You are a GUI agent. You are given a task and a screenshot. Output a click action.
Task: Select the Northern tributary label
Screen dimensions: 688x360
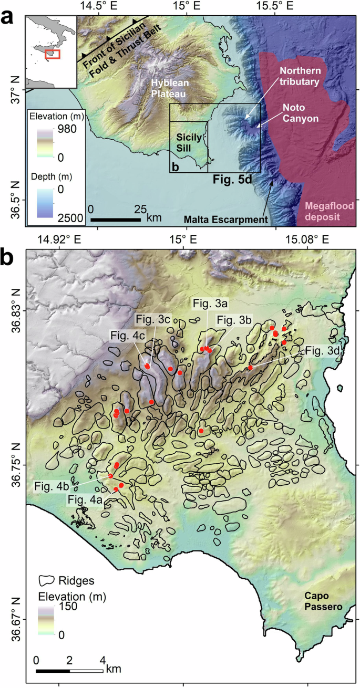299,77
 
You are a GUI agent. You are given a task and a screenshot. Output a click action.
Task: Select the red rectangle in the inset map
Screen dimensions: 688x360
52,54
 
